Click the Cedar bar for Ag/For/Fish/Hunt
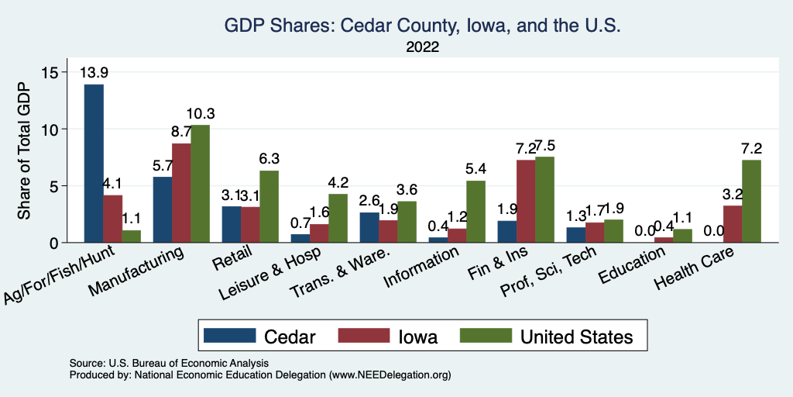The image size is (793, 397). click(94, 163)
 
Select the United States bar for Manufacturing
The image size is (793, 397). click(200, 184)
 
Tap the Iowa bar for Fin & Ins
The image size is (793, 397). click(526, 201)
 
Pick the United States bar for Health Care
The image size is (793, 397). click(751, 201)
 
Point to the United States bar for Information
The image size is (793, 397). click(475, 212)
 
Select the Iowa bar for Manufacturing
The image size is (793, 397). click(181, 193)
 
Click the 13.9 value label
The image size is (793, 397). click(94, 73)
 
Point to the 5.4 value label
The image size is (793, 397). click(475, 170)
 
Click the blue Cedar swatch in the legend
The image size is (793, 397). click(229, 336)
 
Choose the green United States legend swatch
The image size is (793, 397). click(486, 336)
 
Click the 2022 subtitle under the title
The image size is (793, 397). click(423, 47)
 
